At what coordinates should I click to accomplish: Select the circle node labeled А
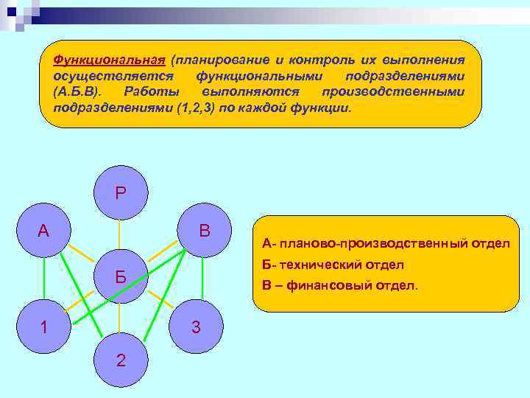tap(43, 231)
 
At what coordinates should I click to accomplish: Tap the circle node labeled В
tap(205, 231)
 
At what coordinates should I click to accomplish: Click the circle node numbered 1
tap(43, 327)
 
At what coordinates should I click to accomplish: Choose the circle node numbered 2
tap(120, 360)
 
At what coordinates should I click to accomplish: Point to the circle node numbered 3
tap(196, 327)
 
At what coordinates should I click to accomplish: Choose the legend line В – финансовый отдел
tap(339, 284)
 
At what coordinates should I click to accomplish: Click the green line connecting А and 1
tap(43, 278)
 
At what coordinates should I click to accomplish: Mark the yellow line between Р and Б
tap(120, 237)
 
